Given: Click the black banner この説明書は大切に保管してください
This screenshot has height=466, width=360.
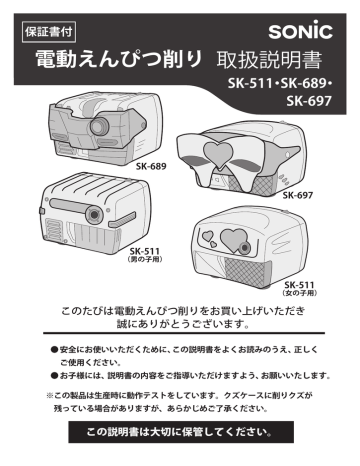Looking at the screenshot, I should pos(180,433).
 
